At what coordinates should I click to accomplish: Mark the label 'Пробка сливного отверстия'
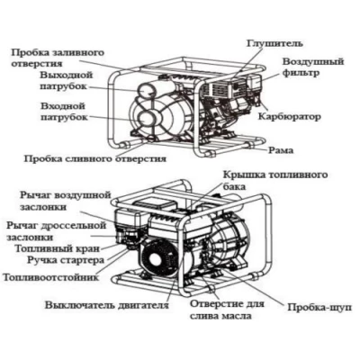pos(94,156)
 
